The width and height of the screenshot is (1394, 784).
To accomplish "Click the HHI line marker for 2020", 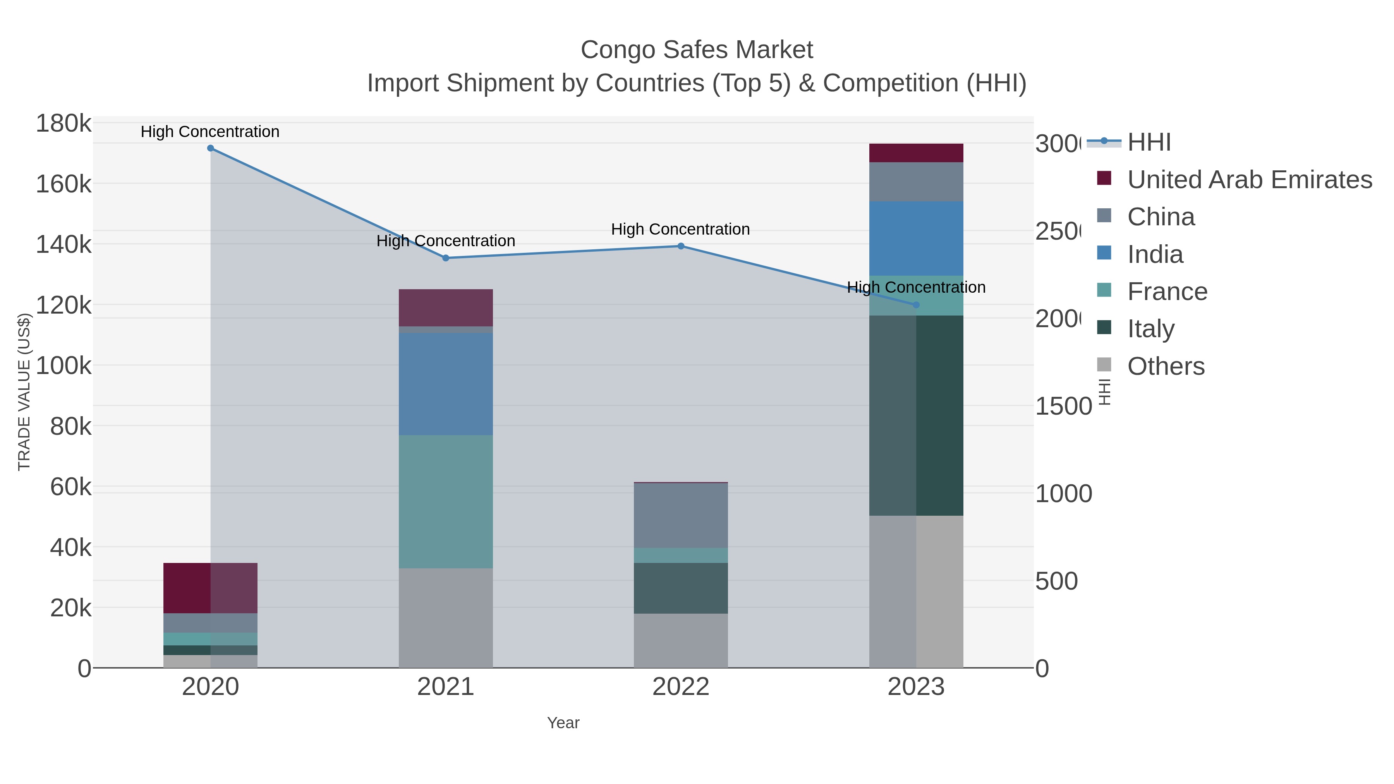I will [x=211, y=148].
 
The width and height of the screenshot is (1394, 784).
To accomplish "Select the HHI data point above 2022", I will [x=681, y=246].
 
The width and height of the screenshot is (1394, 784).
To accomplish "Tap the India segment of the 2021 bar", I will [x=445, y=384].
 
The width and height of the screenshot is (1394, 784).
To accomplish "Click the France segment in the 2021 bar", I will [x=445, y=501].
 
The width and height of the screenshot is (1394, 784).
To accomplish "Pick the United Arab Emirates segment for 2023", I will [x=916, y=153].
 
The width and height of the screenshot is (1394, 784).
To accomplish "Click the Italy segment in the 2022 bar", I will [x=681, y=588].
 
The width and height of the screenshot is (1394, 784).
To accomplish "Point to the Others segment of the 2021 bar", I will [x=445, y=618].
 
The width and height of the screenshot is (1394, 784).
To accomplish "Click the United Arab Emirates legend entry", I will [x=1249, y=180].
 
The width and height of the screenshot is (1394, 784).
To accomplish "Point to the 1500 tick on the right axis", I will [x=1063, y=407].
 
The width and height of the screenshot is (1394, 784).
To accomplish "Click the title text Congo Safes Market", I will [x=697, y=50].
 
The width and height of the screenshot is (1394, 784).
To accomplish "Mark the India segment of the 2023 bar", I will [x=916, y=238].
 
